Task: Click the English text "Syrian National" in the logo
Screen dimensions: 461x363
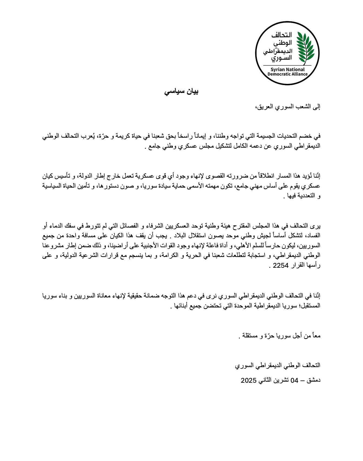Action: [x=287, y=69]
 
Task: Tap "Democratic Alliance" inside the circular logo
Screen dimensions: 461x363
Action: [x=287, y=74]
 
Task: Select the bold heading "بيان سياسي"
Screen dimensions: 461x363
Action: [x=181, y=91]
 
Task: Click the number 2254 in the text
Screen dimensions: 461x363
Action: [x=281, y=266]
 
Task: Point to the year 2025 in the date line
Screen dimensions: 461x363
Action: [x=248, y=381]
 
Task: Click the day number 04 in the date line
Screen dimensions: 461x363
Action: [x=294, y=381]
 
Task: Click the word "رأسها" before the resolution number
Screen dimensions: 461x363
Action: [x=313, y=266]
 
